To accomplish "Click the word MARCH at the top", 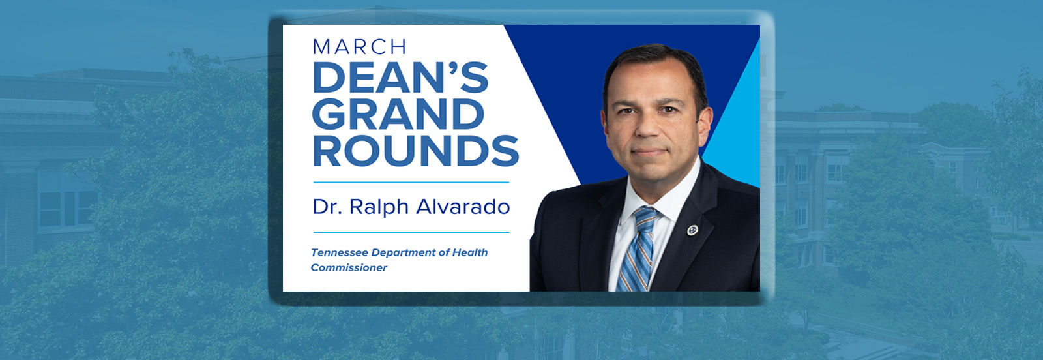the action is [359, 47].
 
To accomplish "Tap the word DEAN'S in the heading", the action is [401, 78].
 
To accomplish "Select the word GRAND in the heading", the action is [398, 114].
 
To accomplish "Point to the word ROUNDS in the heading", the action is [416, 151].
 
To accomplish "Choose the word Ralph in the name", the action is [379, 207].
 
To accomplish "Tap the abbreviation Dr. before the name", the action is [328, 207].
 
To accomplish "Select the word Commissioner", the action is [349, 268].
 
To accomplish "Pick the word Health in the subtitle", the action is [470, 252].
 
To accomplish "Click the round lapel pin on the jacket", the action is [692, 230].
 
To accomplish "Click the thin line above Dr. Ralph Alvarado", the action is [411, 182].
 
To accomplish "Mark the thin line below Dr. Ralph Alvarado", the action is [411, 232].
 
